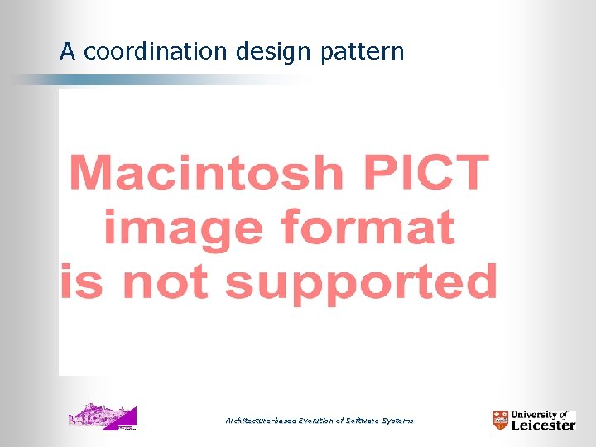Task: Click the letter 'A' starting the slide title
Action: coord(68,52)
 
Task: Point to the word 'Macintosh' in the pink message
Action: coord(206,172)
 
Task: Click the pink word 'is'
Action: coord(79,281)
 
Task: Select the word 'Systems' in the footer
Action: coord(399,421)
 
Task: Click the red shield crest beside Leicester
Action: coord(500,421)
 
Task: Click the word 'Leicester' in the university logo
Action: coord(543,425)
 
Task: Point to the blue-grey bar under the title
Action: coord(124,80)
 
